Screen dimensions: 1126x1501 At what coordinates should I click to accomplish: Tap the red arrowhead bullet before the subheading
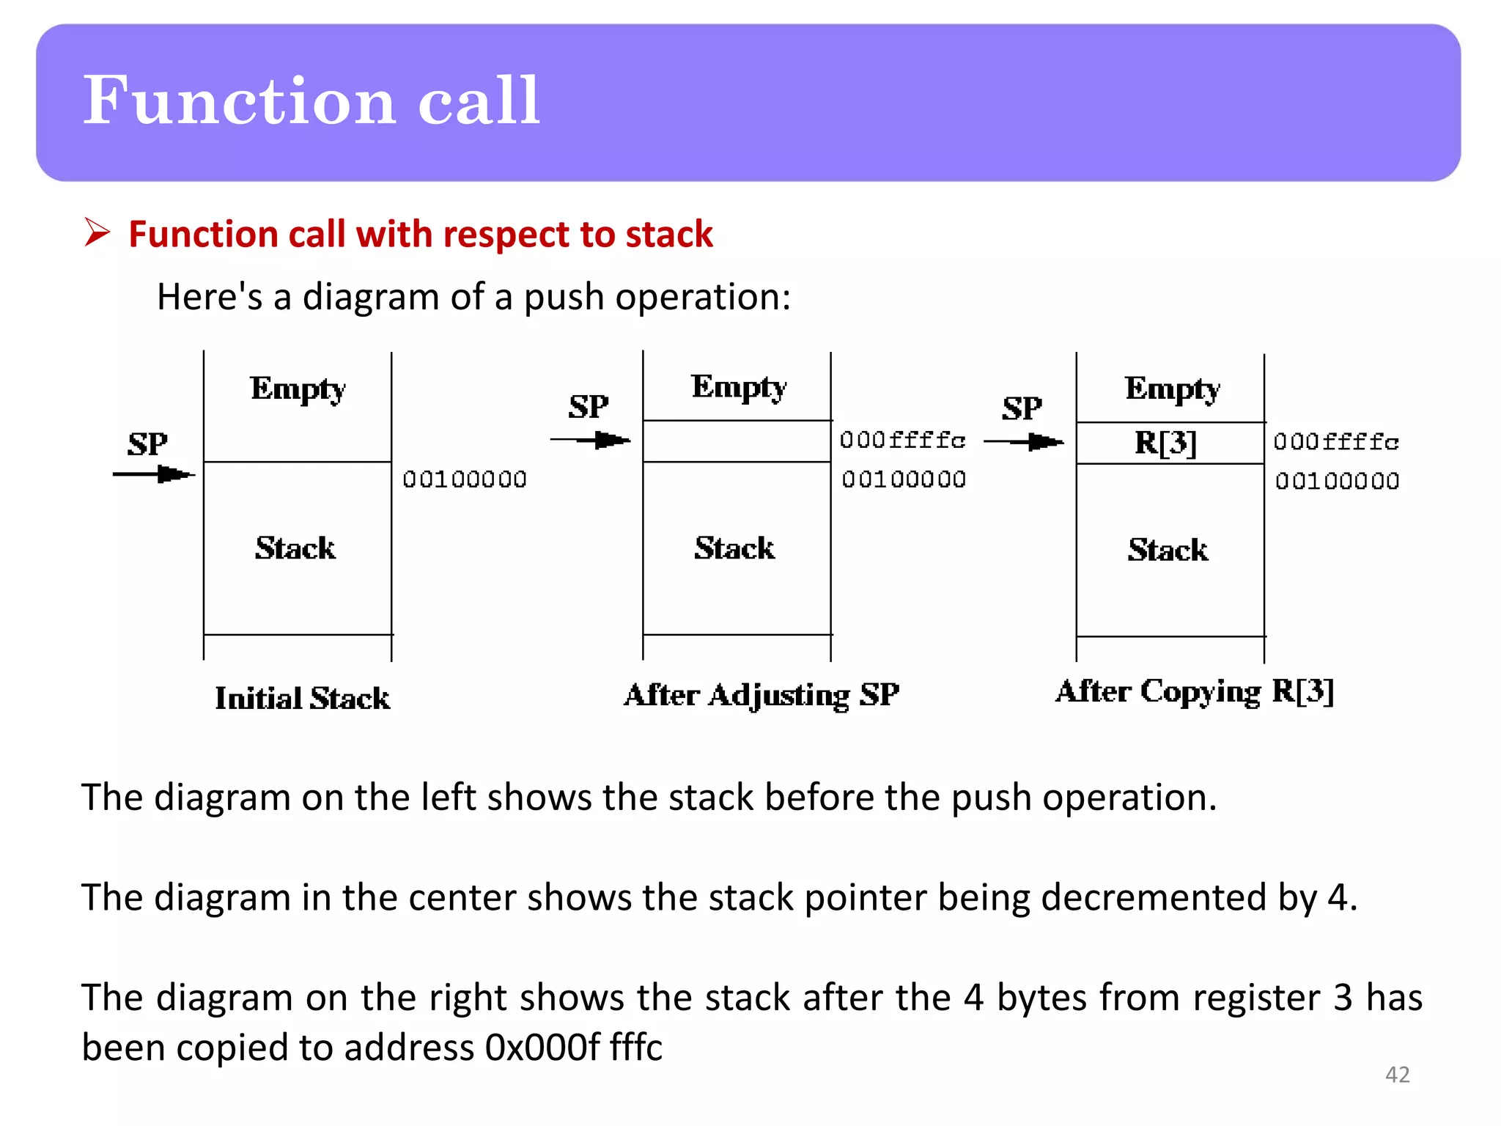click(x=97, y=233)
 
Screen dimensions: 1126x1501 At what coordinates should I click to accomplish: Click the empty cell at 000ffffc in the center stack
click(x=736, y=441)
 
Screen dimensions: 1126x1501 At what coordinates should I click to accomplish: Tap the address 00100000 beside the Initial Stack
click(x=465, y=479)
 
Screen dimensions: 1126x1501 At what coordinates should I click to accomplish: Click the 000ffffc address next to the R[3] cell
click(x=1336, y=441)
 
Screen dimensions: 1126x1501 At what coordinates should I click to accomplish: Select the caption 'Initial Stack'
click(x=302, y=698)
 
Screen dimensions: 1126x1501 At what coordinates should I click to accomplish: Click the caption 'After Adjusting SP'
click(x=761, y=694)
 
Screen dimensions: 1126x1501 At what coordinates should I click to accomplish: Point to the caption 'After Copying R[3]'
click(x=1195, y=691)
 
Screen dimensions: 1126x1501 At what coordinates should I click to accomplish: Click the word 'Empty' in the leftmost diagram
click(x=298, y=389)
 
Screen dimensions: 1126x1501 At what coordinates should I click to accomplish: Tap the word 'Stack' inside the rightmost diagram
click(x=1168, y=550)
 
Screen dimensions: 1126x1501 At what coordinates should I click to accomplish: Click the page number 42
click(x=1397, y=1075)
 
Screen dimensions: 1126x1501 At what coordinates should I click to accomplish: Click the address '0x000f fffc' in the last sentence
click(x=573, y=1047)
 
